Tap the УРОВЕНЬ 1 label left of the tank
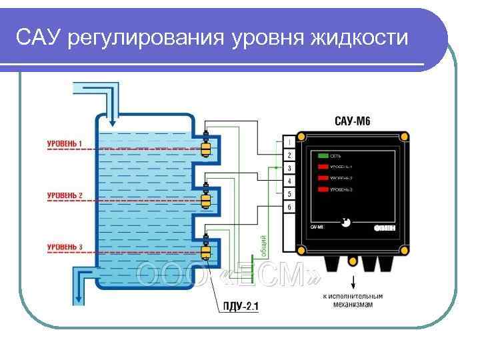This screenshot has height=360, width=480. pos(65,143)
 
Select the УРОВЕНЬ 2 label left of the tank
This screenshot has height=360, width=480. pos(65,195)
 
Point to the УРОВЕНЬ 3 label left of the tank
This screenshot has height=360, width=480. pos(65,247)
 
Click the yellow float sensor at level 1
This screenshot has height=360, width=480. pos(206,149)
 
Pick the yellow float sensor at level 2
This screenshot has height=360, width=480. pos(206,200)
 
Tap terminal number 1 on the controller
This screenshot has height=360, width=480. pos(289,143)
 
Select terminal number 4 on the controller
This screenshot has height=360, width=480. pos(289,181)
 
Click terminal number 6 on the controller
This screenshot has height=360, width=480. pos(289,207)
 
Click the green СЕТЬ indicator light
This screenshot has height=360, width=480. pos(324,155)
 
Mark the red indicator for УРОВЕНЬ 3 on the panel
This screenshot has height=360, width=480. pos(324,191)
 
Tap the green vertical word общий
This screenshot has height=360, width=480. pos(264,245)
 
